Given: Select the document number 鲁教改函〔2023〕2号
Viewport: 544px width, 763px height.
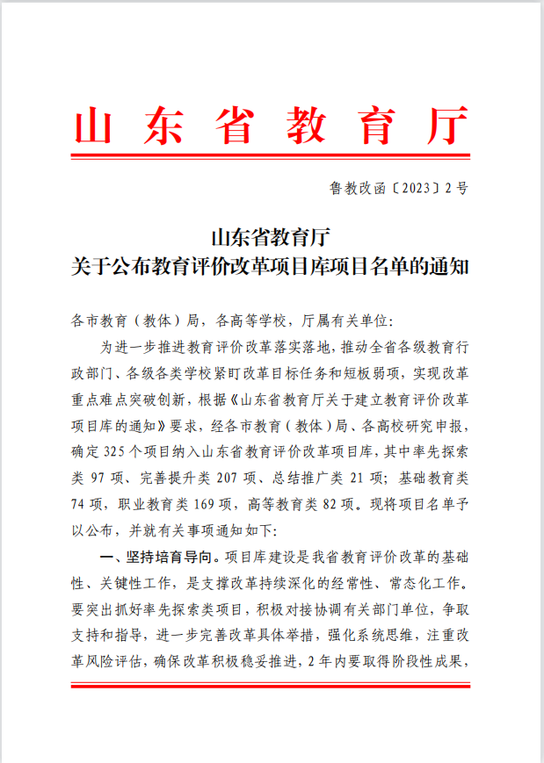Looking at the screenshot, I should point(398,188).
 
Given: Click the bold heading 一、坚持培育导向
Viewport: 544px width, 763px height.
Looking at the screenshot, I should point(158,556).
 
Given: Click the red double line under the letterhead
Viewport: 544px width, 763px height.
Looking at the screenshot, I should point(271,157).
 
